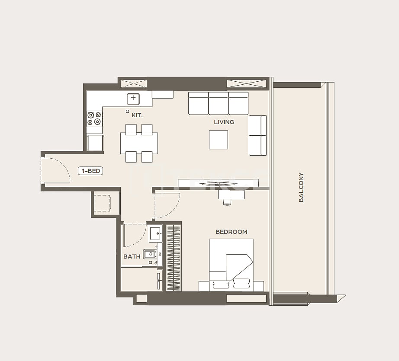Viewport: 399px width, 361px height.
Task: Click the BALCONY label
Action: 301,187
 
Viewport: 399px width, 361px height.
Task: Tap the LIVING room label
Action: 224,122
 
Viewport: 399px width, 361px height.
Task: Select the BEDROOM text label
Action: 231,232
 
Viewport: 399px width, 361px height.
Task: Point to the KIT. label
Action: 137,115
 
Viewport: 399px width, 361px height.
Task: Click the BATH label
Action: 132,256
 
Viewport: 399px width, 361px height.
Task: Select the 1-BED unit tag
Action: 90,171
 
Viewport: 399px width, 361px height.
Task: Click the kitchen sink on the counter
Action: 133,99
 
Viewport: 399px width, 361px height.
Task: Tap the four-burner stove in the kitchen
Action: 94,118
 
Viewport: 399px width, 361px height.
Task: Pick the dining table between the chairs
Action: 139,143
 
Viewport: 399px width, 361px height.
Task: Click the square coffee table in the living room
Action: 218,140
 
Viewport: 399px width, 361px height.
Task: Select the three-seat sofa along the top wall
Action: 218,103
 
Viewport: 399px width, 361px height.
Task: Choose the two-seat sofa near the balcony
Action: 257,135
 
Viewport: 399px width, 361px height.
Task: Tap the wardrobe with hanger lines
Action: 173,257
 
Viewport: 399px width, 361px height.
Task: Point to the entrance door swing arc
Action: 56,170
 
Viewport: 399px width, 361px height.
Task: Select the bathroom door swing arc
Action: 135,235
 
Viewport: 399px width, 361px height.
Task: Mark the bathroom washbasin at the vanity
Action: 155,233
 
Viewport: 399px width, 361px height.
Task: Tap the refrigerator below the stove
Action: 95,143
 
